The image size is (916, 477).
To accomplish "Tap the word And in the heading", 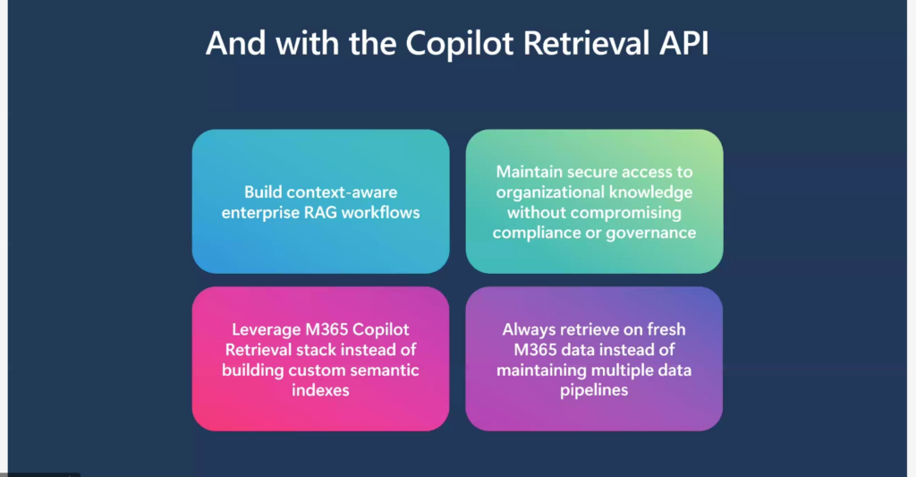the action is coord(235,43).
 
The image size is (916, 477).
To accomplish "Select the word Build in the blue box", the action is coord(263,192).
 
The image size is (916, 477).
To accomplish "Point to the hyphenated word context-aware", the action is coord(342,192).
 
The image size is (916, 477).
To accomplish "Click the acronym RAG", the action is coord(321,212).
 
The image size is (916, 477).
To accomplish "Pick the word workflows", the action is coord(380,212).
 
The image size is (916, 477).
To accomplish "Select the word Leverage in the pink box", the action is coord(267,329).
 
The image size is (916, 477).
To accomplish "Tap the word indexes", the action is coord(320,390).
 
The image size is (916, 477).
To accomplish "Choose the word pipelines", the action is coord(594,390).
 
